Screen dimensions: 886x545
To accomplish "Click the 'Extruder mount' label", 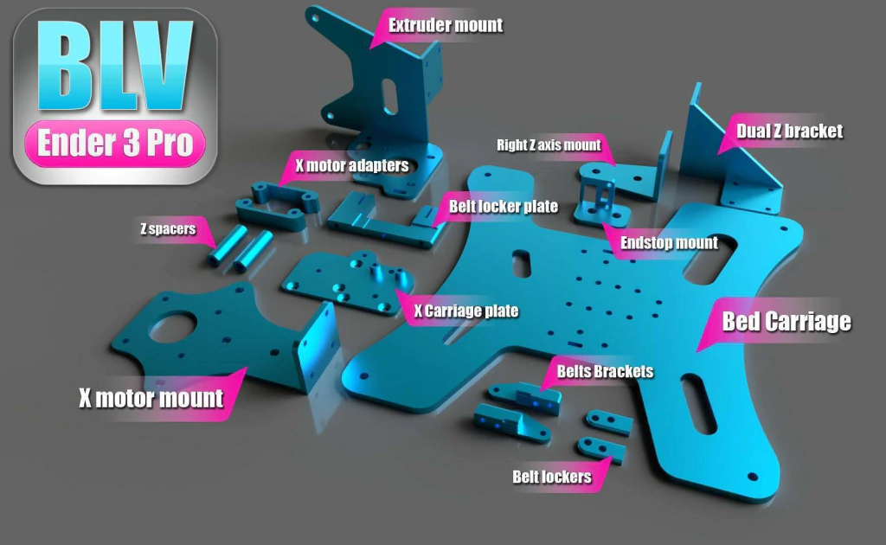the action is click(446, 25).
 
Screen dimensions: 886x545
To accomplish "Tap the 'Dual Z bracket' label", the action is click(789, 131).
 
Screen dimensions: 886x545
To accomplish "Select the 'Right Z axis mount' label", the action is click(549, 145).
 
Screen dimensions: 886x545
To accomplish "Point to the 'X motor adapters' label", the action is click(352, 165).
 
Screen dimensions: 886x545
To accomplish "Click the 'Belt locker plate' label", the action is click(504, 207).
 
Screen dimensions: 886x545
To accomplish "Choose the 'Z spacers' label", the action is click(168, 228).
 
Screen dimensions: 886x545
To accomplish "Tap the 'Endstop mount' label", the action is click(669, 243).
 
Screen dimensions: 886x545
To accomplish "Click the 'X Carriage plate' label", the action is click(466, 311).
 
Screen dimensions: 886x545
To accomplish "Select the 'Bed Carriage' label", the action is click(786, 321).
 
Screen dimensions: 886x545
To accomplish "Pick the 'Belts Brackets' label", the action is click(605, 371).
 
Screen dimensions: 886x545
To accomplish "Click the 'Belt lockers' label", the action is click(552, 477).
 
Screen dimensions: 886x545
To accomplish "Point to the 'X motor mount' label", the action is click(151, 398).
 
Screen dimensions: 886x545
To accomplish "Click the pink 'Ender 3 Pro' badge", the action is click(115, 144).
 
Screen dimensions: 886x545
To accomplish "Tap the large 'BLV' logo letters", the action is click(115, 66).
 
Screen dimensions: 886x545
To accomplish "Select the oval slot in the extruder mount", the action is click(390, 96).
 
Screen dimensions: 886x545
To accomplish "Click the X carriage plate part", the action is click(348, 282).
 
